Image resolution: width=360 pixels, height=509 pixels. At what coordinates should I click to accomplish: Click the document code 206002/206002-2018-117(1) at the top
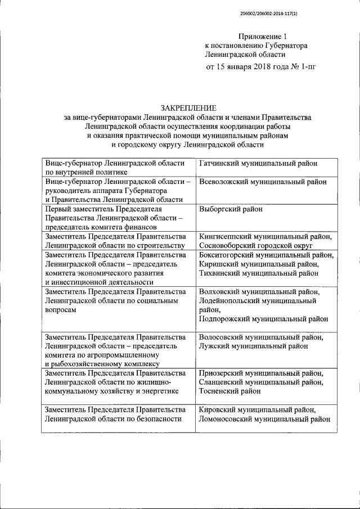click(268, 12)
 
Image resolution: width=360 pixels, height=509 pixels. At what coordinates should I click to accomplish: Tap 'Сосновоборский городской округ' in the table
click(259, 246)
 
